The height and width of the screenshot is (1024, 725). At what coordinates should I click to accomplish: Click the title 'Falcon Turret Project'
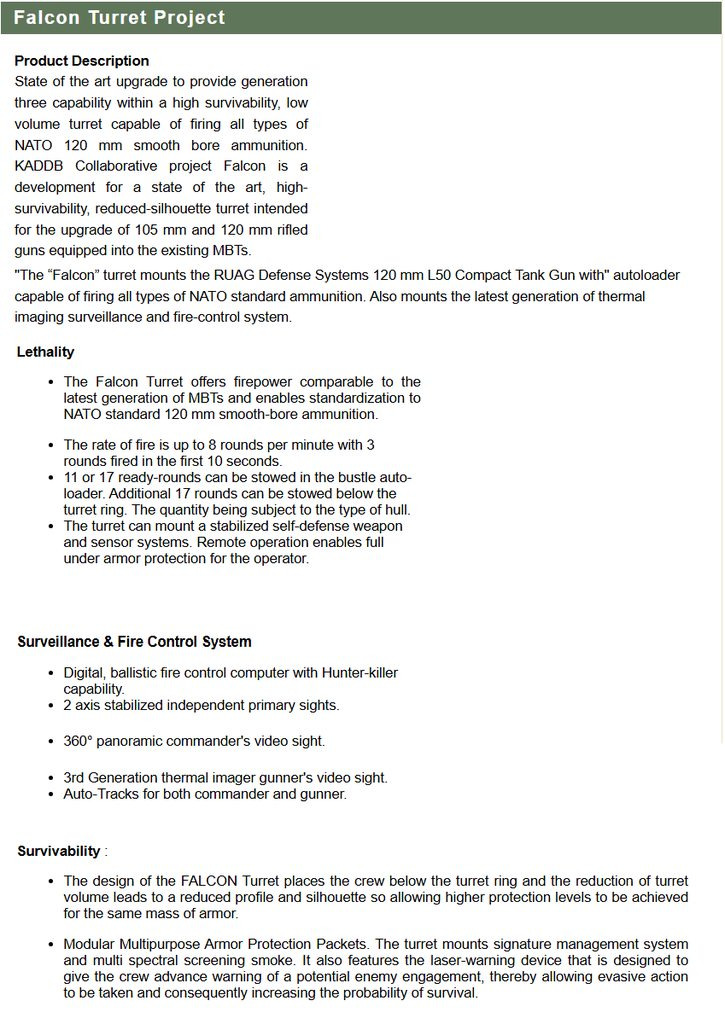click(x=119, y=18)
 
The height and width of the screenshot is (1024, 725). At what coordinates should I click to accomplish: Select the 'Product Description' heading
click(x=82, y=61)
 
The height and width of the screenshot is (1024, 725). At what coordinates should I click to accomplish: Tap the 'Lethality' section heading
click(x=45, y=352)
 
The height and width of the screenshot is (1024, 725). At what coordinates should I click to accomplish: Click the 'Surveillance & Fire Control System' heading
click(x=134, y=642)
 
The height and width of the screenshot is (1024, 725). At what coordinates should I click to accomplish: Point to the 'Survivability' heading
click(x=59, y=852)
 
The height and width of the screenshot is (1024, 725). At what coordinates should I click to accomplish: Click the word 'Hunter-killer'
click(x=352, y=674)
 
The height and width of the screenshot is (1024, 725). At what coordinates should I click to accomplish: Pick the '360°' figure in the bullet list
click(x=79, y=741)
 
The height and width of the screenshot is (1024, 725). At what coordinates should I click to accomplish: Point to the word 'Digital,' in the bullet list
click(x=85, y=674)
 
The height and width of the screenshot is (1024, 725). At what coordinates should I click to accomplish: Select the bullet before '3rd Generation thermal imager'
click(x=51, y=778)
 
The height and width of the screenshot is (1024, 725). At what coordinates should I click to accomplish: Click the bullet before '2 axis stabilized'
click(x=51, y=706)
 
